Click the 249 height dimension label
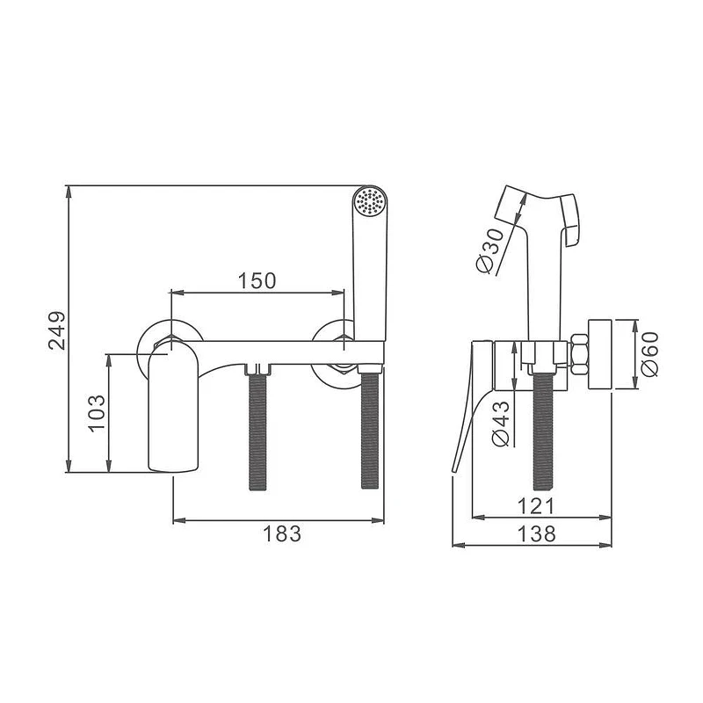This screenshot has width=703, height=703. [x=57, y=330]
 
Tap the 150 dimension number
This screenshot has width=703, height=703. [x=257, y=281]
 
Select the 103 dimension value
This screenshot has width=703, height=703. [x=98, y=413]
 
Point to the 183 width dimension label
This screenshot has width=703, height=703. [x=282, y=534]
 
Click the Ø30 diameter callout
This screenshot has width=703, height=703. [x=490, y=250]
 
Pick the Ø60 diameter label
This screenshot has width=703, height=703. [x=649, y=354]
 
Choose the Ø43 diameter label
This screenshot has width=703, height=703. [x=501, y=424]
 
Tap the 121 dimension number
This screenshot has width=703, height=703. [x=536, y=506]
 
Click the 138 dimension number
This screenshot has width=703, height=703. [x=536, y=534]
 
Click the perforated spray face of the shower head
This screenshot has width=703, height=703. [x=369, y=201]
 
